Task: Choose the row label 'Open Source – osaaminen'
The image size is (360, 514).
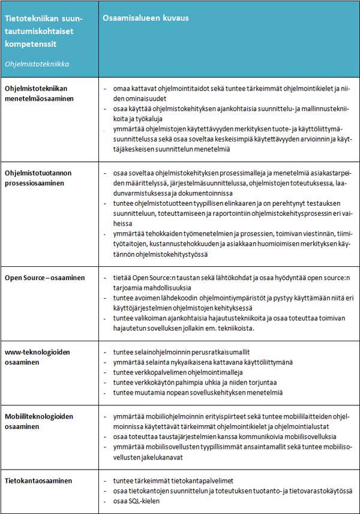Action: point(45,278)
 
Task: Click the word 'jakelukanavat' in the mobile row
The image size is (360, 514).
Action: point(170,456)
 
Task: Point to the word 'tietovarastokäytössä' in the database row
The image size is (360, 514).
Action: point(316,491)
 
